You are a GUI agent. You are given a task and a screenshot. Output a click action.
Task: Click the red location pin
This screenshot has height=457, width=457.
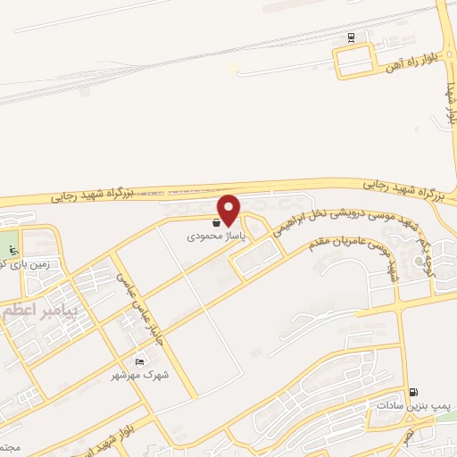229,209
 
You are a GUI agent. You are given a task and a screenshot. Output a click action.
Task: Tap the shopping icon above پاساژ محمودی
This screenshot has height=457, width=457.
217,223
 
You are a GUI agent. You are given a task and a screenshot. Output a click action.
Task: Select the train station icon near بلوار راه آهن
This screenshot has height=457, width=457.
351,37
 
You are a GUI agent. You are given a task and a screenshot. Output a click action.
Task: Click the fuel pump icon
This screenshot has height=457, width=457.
412,392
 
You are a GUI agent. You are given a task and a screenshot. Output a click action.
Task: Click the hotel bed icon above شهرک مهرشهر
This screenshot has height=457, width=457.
138,361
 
